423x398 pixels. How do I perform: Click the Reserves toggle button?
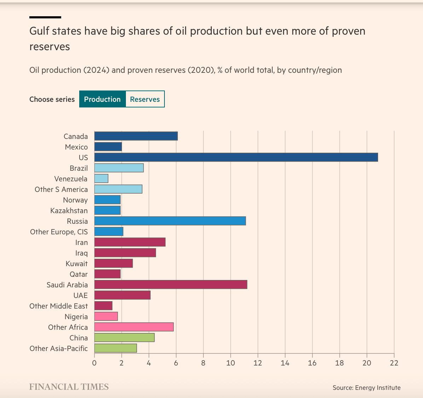145,99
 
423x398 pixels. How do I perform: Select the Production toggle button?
102,99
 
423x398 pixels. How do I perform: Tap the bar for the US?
236,157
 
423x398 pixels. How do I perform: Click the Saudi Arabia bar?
170,285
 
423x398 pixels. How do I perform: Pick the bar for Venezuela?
101,178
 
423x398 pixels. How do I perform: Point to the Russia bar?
170,221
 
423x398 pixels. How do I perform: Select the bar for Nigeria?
106,316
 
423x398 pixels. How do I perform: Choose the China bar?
124,338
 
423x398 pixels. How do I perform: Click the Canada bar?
136,136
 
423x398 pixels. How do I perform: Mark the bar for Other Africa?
134,327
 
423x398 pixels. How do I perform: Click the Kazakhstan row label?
69,211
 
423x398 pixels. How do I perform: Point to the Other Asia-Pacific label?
59,349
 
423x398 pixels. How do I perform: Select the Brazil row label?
79,168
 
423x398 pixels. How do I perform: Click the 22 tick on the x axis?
394,363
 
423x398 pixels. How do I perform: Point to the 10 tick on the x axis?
231,363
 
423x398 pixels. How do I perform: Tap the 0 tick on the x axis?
94,363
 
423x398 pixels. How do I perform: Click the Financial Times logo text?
69,387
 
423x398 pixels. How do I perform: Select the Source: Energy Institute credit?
366,388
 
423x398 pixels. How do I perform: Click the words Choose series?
52,99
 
